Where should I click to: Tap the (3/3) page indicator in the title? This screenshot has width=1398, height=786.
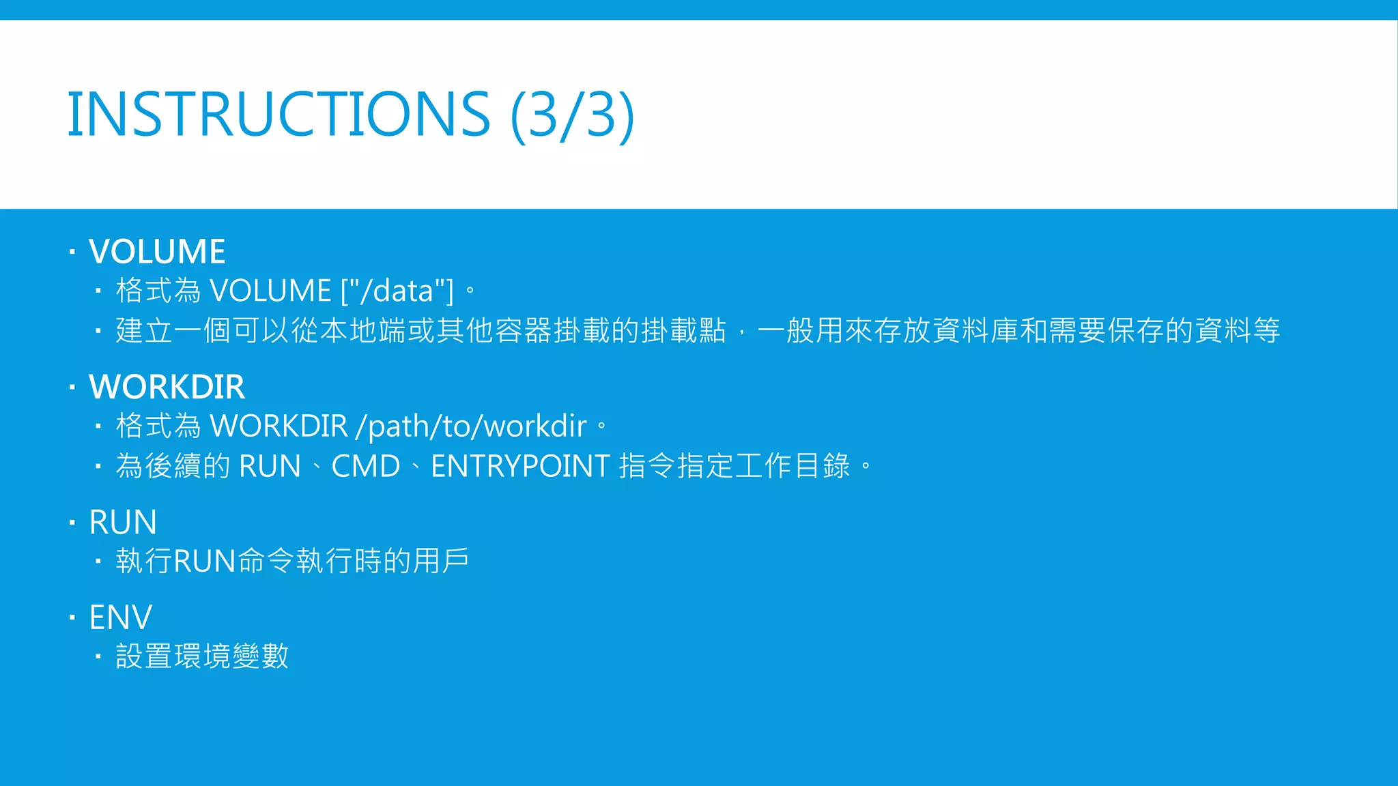point(573,114)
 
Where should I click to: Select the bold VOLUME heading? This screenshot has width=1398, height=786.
point(157,251)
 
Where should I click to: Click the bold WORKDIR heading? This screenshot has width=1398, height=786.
point(167,387)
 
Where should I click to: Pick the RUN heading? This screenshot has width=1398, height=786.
point(123,523)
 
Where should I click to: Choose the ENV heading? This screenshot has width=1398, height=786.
point(121,617)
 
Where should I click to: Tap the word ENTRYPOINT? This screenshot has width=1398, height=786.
point(520,467)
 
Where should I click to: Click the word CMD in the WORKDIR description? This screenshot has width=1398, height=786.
point(366,467)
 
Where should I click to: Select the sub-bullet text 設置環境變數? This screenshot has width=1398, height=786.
point(202,656)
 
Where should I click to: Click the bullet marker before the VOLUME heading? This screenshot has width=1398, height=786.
point(72,252)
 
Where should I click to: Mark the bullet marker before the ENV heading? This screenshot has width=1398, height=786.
point(72,618)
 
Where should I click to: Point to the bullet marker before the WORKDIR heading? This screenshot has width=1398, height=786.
point(72,388)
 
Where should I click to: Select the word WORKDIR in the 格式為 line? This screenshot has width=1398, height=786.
point(279,426)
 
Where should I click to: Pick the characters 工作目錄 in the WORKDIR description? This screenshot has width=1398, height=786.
point(793,467)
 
